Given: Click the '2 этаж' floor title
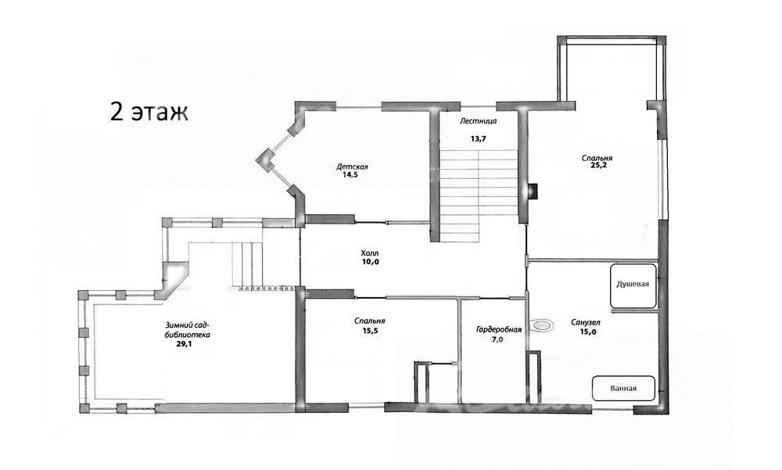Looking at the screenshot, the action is pyautogui.click(x=149, y=113).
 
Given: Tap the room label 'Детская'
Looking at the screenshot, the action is pyautogui.click(x=352, y=167).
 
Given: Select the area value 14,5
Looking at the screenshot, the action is pyautogui.click(x=350, y=175).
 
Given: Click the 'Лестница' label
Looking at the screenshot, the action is pyautogui.click(x=479, y=120).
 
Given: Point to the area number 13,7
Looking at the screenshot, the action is pyautogui.click(x=478, y=139).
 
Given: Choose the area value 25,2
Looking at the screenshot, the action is pyautogui.click(x=597, y=167).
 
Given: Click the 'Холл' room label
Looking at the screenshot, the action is pyautogui.click(x=369, y=253).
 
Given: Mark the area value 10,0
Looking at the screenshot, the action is pyautogui.click(x=371, y=261).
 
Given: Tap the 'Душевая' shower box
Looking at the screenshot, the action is pyautogui.click(x=633, y=286).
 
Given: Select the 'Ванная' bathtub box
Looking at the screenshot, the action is pyautogui.click(x=623, y=388).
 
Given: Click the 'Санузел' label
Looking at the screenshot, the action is pyautogui.click(x=586, y=323).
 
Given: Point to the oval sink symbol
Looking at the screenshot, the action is pyautogui.click(x=542, y=325).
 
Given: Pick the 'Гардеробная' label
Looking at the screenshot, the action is pyautogui.click(x=499, y=330).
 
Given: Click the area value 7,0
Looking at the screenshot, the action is pyautogui.click(x=497, y=339).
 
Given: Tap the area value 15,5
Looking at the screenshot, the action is pyautogui.click(x=370, y=330).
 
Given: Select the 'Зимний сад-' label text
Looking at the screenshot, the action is pyautogui.click(x=188, y=326).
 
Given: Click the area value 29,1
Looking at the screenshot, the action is pyautogui.click(x=185, y=343).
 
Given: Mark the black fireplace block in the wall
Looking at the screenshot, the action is pyautogui.click(x=533, y=191).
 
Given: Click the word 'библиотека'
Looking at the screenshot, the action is pyautogui.click(x=188, y=335).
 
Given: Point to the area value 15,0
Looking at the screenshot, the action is pyautogui.click(x=588, y=332).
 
